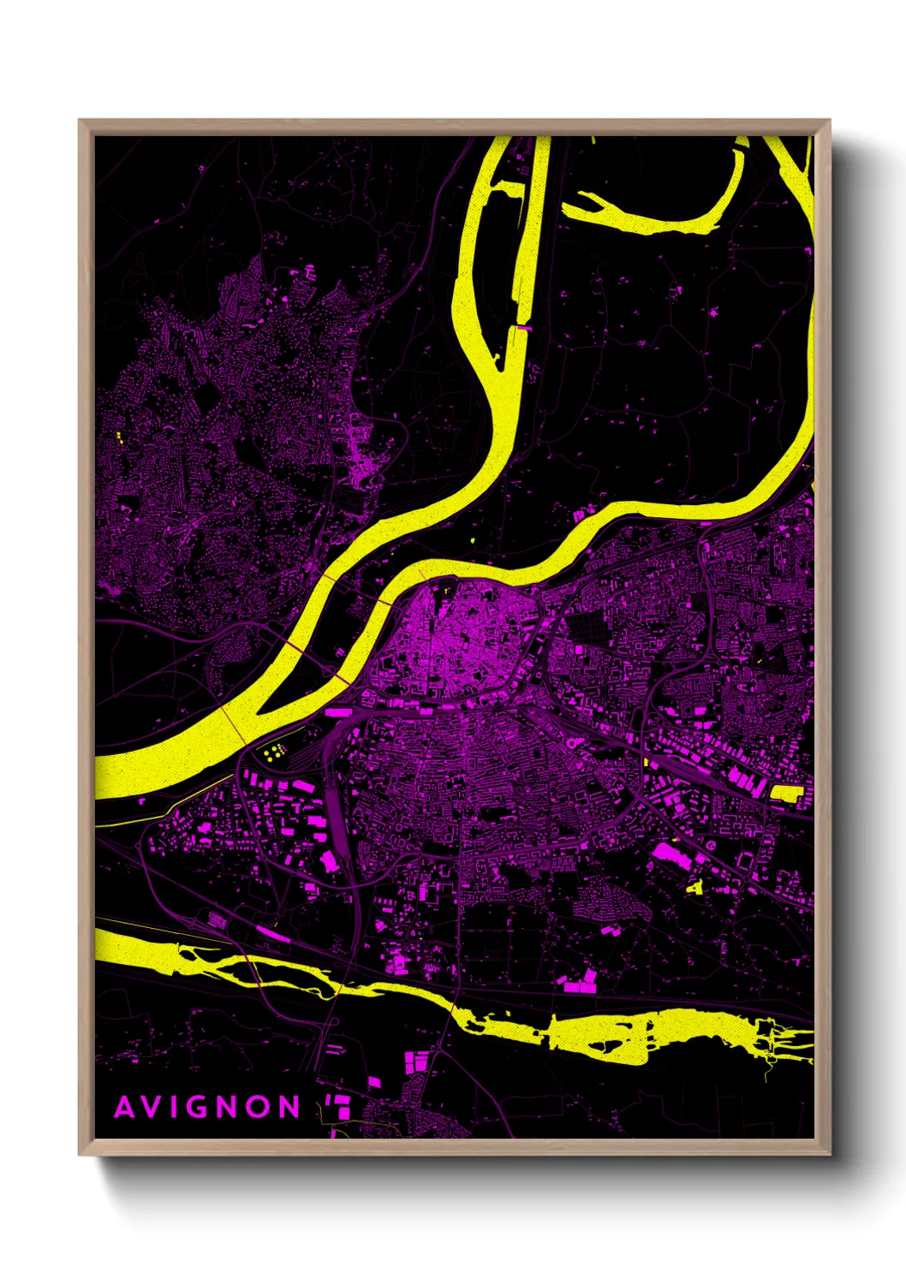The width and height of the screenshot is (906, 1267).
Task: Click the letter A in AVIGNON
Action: [125, 1108]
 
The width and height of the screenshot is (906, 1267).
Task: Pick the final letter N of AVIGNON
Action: [290, 1108]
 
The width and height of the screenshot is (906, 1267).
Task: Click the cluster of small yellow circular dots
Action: [274, 753]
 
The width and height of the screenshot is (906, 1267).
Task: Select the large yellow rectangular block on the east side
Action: [785, 793]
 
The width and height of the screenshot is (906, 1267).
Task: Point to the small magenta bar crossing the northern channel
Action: [522, 328]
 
